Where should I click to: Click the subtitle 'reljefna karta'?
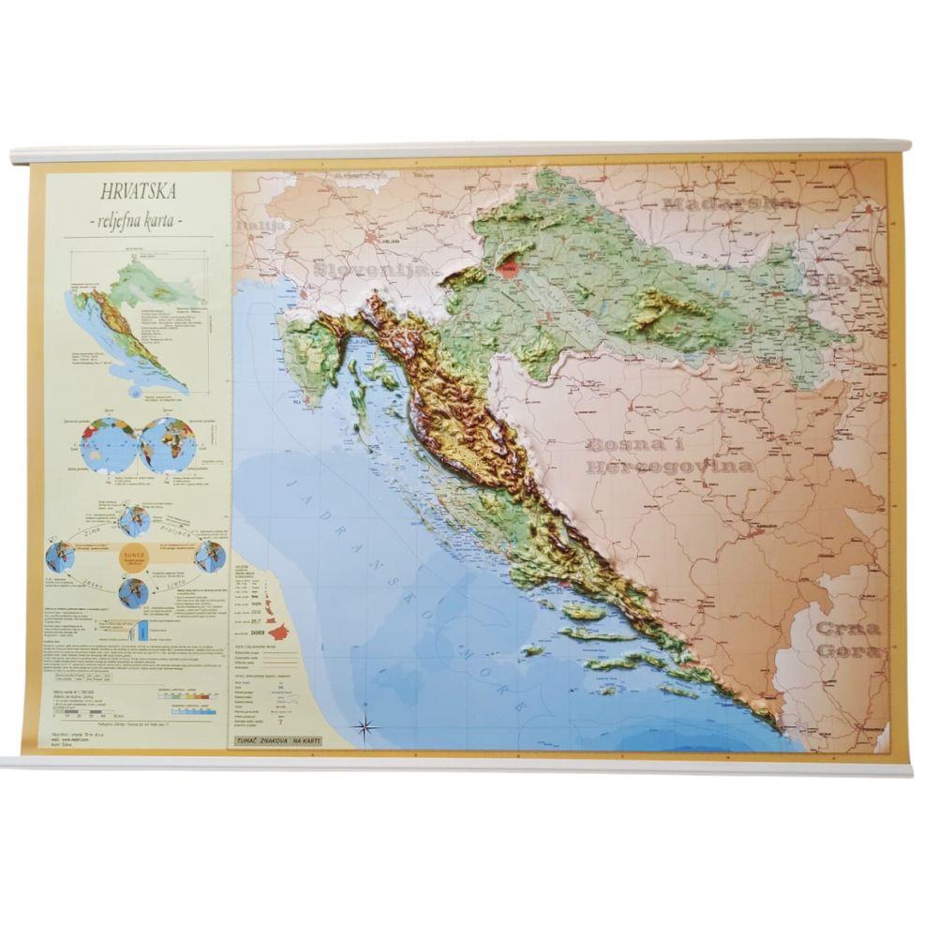pyautogui.click(x=140, y=220)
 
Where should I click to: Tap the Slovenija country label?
pyautogui.click(x=371, y=270)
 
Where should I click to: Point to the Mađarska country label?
pyautogui.click(x=729, y=201)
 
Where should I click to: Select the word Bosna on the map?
pyautogui.click(x=625, y=446)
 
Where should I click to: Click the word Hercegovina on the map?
pyautogui.click(x=670, y=466)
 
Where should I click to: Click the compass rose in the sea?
pyautogui.click(x=365, y=725)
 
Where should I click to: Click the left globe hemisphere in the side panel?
pyautogui.click(x=109, y=445)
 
